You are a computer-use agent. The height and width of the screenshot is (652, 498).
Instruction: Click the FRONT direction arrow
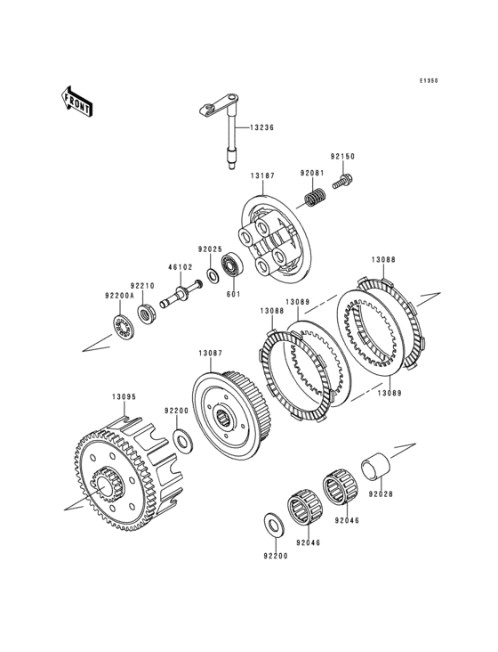(76, 101)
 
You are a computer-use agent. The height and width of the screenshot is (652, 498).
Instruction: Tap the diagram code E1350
(429, 81)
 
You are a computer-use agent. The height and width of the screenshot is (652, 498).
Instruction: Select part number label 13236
(261, 127)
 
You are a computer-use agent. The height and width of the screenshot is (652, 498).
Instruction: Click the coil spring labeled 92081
(316, 197)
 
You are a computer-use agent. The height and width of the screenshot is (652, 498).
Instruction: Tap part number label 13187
(262, 175)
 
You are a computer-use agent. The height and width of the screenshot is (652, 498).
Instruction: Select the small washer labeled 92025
(213, 275)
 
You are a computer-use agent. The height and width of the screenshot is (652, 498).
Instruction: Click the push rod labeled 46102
(181, 295)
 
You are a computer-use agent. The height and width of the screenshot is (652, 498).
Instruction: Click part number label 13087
(211, 353)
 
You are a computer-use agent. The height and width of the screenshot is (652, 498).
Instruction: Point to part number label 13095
(124, 397)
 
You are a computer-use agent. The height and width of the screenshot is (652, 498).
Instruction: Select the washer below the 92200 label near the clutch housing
(181, 441)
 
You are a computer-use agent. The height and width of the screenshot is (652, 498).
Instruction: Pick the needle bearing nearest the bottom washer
(300, 508)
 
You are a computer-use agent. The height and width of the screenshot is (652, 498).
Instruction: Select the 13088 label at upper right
(383, 260)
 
